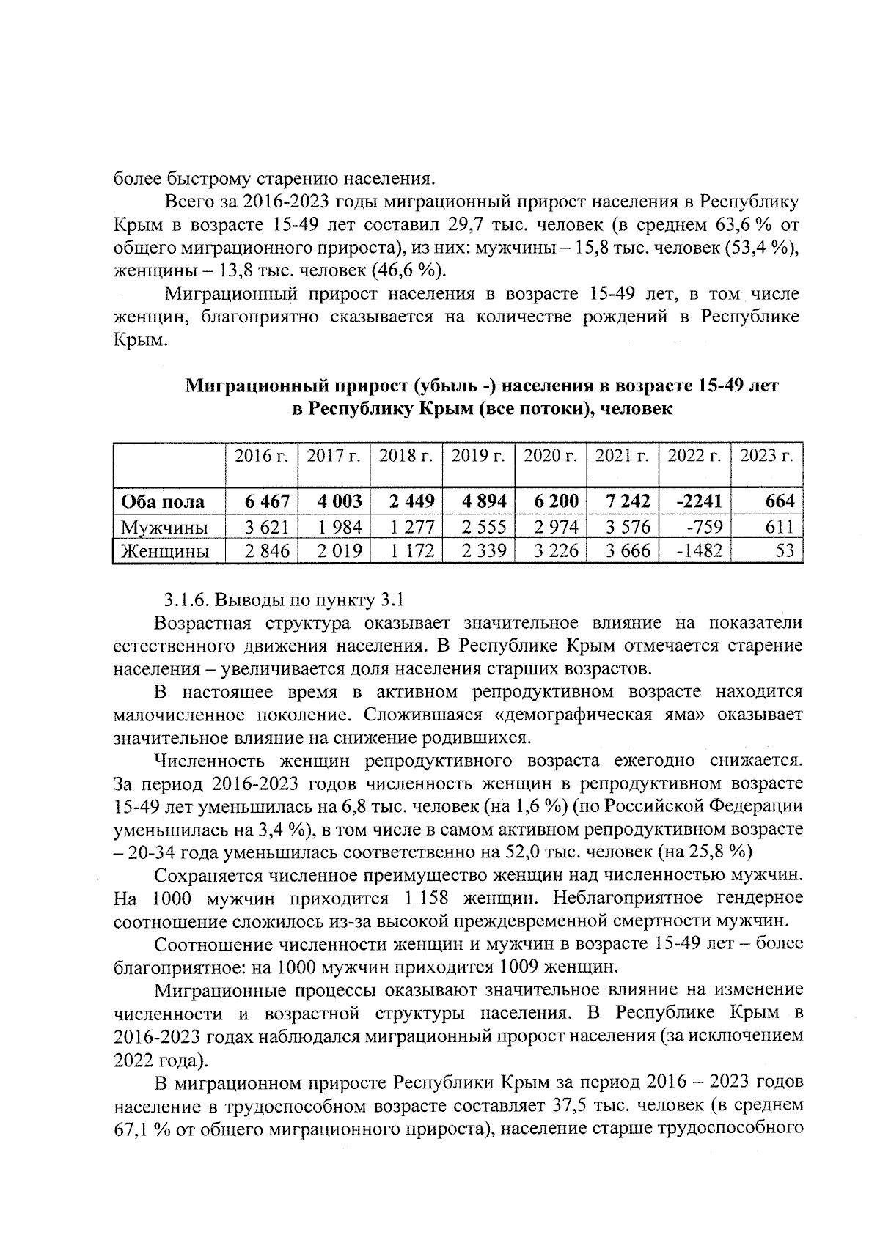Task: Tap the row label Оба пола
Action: pyautogui.click(x=162, y=502)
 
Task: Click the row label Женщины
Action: pyautogui.click(x=165, y=550)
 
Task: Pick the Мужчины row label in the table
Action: pyautogui.click(x=164, y=527)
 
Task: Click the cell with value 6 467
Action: pyautogui.click(x=267, y=502)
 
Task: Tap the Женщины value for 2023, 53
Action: pyautogui.click(x=784, y=550)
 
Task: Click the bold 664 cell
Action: pyautogui.click(x=780, y=502)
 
